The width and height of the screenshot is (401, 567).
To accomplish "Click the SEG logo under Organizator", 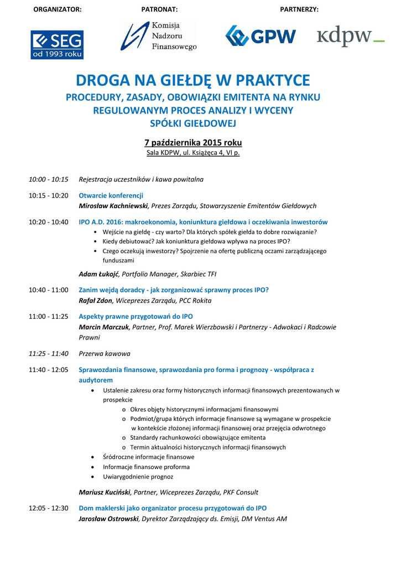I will point(57,45).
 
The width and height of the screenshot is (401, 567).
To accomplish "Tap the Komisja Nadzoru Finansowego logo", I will point(159,37).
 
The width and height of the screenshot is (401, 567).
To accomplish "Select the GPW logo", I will point(260,37).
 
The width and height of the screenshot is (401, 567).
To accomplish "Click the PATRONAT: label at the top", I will point(159,10).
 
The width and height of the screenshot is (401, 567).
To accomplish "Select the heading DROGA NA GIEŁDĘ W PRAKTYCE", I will point(193,81).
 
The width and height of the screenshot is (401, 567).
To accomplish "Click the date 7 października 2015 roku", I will point(193,142).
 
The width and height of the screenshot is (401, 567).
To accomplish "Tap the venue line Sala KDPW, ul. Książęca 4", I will point(193,153).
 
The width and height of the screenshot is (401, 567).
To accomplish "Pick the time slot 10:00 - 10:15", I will point(49,179).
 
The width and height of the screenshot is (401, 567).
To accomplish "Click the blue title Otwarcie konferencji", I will point(111,195).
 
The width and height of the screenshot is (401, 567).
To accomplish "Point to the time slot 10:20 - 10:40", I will point(49,222).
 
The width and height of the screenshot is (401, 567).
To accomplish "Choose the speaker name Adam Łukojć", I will point(99,274).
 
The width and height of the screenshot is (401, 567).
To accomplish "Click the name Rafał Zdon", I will point(96,301).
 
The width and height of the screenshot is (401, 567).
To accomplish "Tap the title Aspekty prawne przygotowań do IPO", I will point(136,317).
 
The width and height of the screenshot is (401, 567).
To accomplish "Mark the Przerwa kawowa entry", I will point(105,354).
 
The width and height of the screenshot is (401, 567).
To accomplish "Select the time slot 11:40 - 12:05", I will point(49,370).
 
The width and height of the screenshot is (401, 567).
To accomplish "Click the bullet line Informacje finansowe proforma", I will point(138,467).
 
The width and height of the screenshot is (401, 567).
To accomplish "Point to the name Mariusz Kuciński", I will point(105,492).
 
